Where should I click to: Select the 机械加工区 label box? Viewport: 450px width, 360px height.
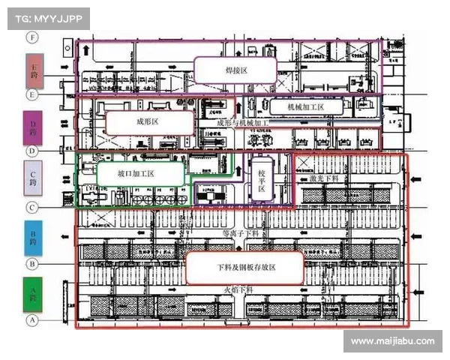(x=306, y=108)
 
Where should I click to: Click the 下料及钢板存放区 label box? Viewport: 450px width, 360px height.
(x=244, y=268)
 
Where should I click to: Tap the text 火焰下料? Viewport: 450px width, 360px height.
(x=241, y=289)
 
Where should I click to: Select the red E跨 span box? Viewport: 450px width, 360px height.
(x=34, y=70)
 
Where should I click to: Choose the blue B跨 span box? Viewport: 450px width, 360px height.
(x=34, y=238)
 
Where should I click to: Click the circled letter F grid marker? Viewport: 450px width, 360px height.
(x=32, y=37)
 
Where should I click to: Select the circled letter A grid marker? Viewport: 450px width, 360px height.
(x=32, y=320)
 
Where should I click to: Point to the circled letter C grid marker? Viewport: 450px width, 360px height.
(x=32, y=208)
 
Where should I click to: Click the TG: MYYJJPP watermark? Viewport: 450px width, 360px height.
(x=49, y=17)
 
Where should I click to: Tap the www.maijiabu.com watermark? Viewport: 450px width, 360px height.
(x=391, y=341)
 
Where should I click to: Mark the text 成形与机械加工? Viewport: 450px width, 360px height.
(x=241, y=122)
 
